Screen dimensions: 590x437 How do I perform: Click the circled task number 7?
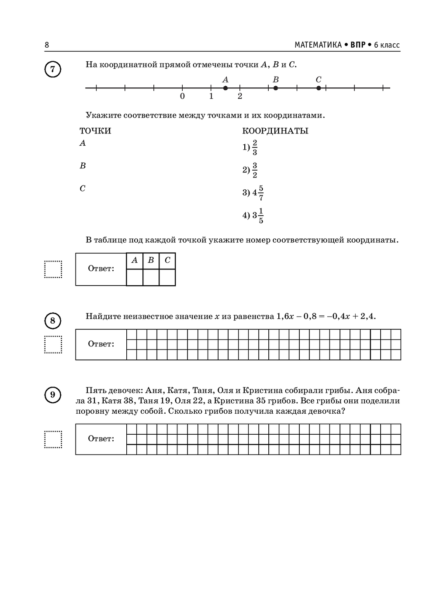click(x=53, y=70)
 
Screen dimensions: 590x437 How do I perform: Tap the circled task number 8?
click(x=53, y=321)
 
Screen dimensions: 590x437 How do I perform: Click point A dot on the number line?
click(x=225, y=88)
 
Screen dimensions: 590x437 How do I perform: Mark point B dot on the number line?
click(x=275, y=88)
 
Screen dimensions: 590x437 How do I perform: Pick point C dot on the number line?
click(x=319, y=88)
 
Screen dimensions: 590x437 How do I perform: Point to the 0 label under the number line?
click(x=182, y=96)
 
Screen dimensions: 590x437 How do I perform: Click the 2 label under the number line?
click(x=240, y=96)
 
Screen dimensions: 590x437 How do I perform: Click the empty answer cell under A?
click(x=135, y=277)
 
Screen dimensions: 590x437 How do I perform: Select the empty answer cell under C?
click(x=167, y=277)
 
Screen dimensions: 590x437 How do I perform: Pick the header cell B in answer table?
click(x=151, y=261)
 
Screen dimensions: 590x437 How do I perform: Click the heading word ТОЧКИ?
click(x=95, y=131)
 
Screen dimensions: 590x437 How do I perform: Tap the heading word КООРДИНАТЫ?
click(x=275, y=131)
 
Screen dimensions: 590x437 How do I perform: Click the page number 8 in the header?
click(x=47, y=45)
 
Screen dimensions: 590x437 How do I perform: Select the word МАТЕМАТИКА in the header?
click(x=318, y=45)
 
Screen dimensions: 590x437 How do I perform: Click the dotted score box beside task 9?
click(x=53, y=439)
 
